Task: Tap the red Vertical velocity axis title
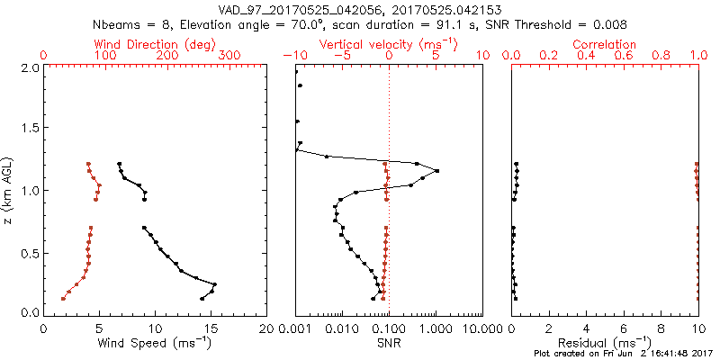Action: click(x=389, y=44)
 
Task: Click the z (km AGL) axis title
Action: click(x=8, y=190)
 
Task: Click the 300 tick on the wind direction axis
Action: click(x=230, y=56)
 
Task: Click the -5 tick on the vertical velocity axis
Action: click(x=341, y=56)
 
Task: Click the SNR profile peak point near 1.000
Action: click(x=436, y=171)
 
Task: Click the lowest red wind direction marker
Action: click(x=63, y=298)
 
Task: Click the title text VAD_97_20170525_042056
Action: click(x=298, y=9)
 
